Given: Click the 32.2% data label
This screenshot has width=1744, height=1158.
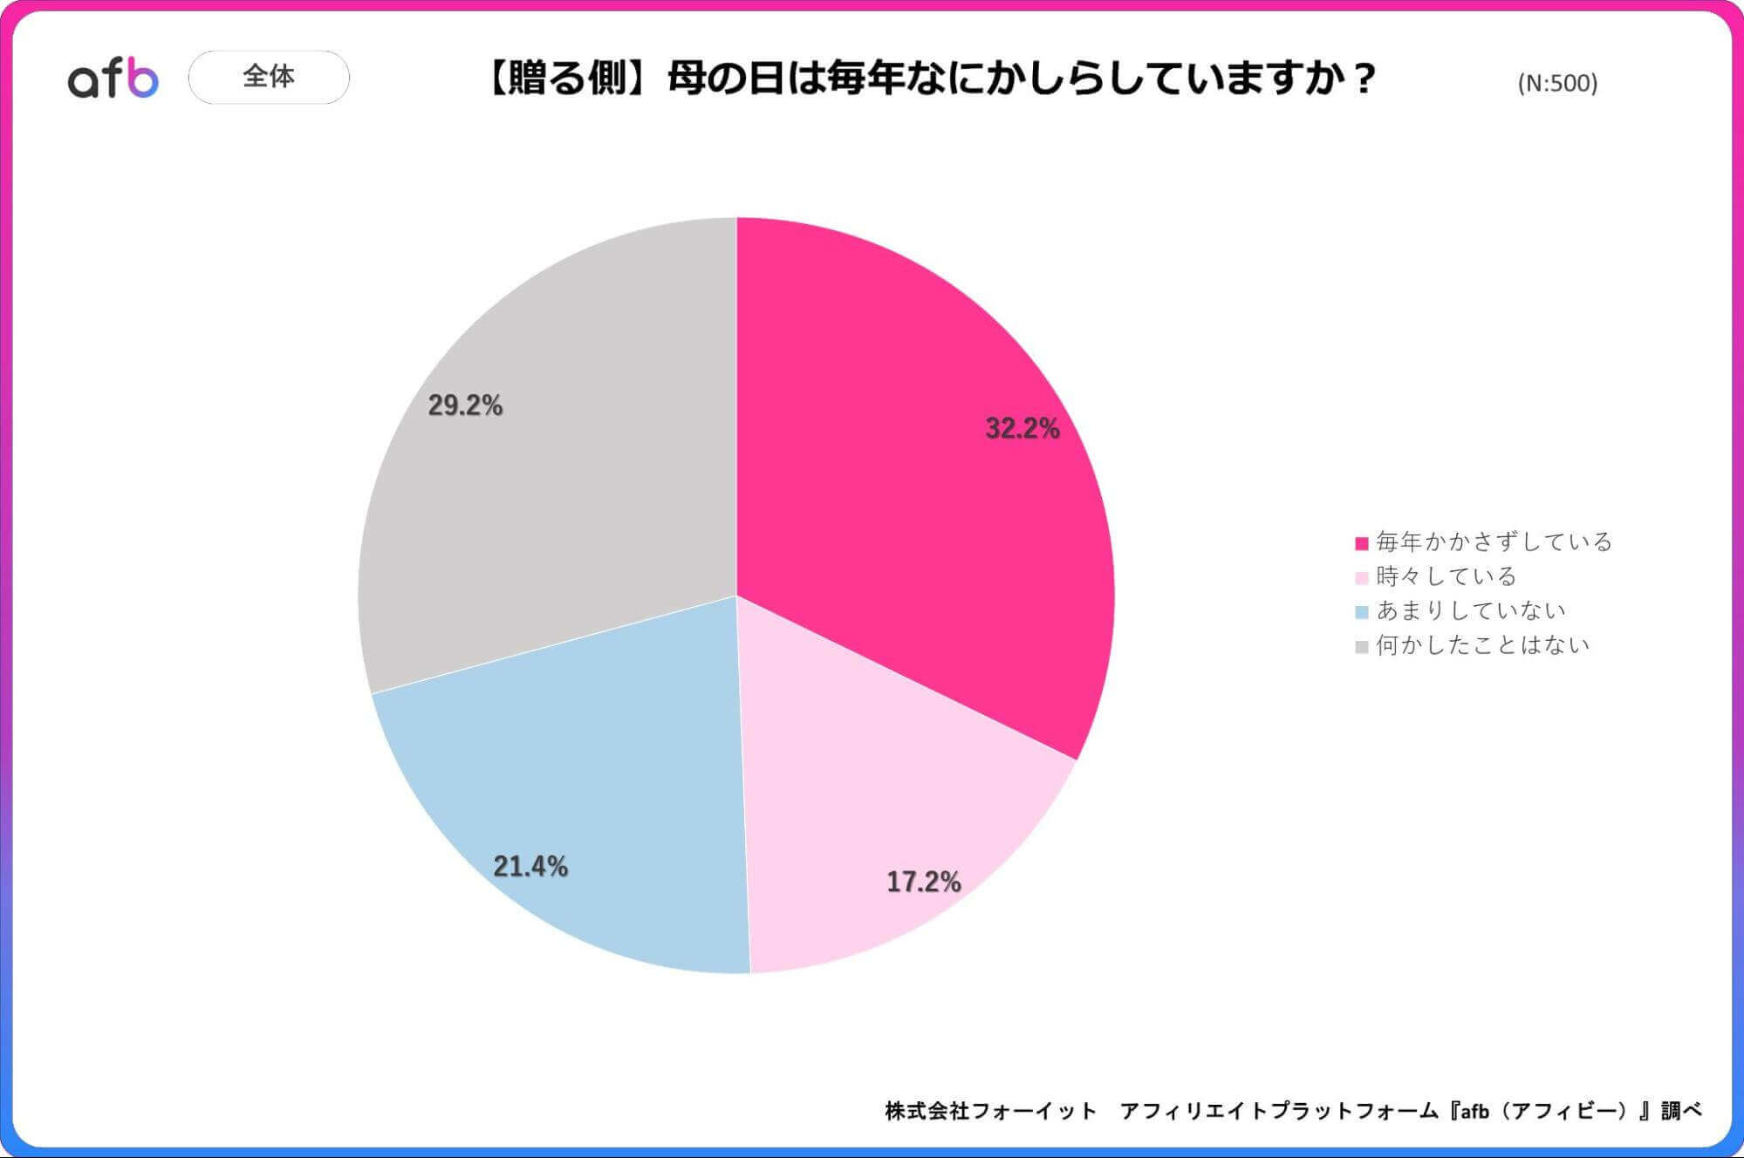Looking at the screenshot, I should [x=1022, y=428].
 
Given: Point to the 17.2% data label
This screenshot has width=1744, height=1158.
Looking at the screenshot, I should [x=923, y=882].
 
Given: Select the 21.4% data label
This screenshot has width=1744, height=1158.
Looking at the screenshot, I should [x=530, y=866].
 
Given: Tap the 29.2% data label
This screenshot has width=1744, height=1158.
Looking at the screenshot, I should [x=465, y=405].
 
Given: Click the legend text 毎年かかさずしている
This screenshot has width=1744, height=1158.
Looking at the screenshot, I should [x=1494, y=542].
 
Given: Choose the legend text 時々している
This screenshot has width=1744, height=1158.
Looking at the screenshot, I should [x=1446, y=576].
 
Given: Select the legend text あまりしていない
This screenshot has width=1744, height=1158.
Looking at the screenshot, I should [x=1470, y=610].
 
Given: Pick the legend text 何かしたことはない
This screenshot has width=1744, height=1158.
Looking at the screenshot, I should [x=1482, y=645].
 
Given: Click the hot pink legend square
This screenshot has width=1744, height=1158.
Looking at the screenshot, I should [x=1361, y=543].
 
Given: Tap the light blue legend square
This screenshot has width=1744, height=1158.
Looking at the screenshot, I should [x=1361, y=612].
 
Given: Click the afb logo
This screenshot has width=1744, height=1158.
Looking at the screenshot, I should [x=113, y=78].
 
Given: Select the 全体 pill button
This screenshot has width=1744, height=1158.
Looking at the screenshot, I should [x=269, y=77].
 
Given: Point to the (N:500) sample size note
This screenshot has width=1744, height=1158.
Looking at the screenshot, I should [x=1557, y=83].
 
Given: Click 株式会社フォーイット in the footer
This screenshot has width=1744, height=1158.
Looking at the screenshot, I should [x=990, y=1111].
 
